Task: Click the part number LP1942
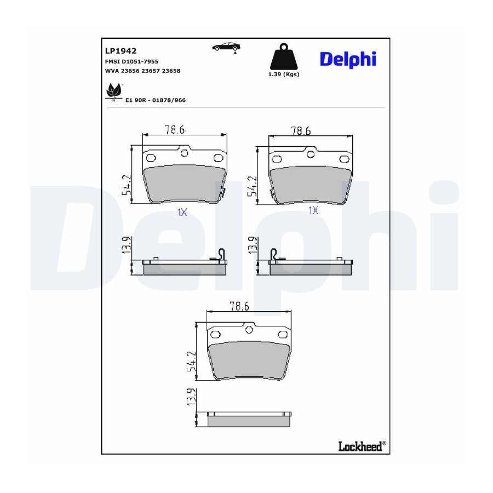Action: (121, 50)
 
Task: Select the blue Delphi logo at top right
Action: (348, 60)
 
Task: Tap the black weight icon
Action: (284, 56)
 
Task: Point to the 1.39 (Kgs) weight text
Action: (284, 74)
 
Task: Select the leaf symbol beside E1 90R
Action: (113, 91)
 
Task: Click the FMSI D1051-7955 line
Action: (131, 61)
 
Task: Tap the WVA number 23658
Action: (171, 71)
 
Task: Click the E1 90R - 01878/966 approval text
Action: (156, 100)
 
